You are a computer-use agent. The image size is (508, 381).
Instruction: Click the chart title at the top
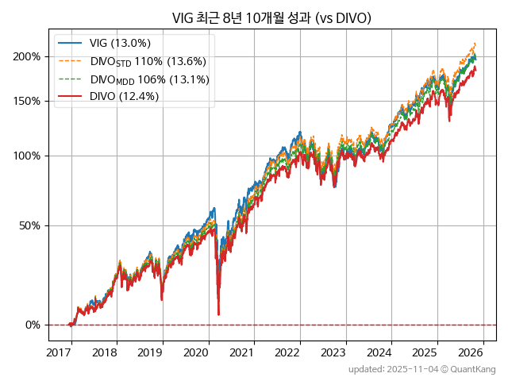[271, 18]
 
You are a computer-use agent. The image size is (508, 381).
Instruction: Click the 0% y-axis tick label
[33, 325]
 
